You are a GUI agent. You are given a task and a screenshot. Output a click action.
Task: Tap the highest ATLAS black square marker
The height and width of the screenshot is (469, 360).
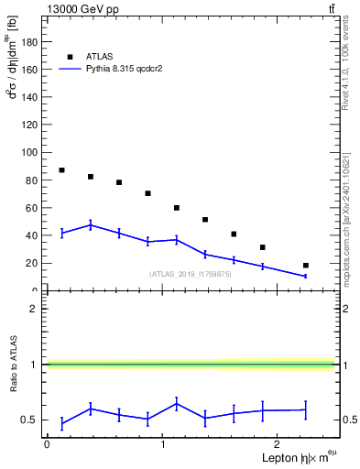[x=61, y=170]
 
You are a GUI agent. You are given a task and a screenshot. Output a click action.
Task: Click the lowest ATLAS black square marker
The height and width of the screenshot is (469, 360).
[x=305, y=266]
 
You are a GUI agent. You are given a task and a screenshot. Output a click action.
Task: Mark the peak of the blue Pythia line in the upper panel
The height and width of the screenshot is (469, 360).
[x=91, y=224]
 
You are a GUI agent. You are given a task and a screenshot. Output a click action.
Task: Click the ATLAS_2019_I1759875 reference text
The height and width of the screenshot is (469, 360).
[x=190, y=274]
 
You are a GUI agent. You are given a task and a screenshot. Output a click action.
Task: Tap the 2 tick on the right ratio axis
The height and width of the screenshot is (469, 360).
[x=341, y=309]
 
